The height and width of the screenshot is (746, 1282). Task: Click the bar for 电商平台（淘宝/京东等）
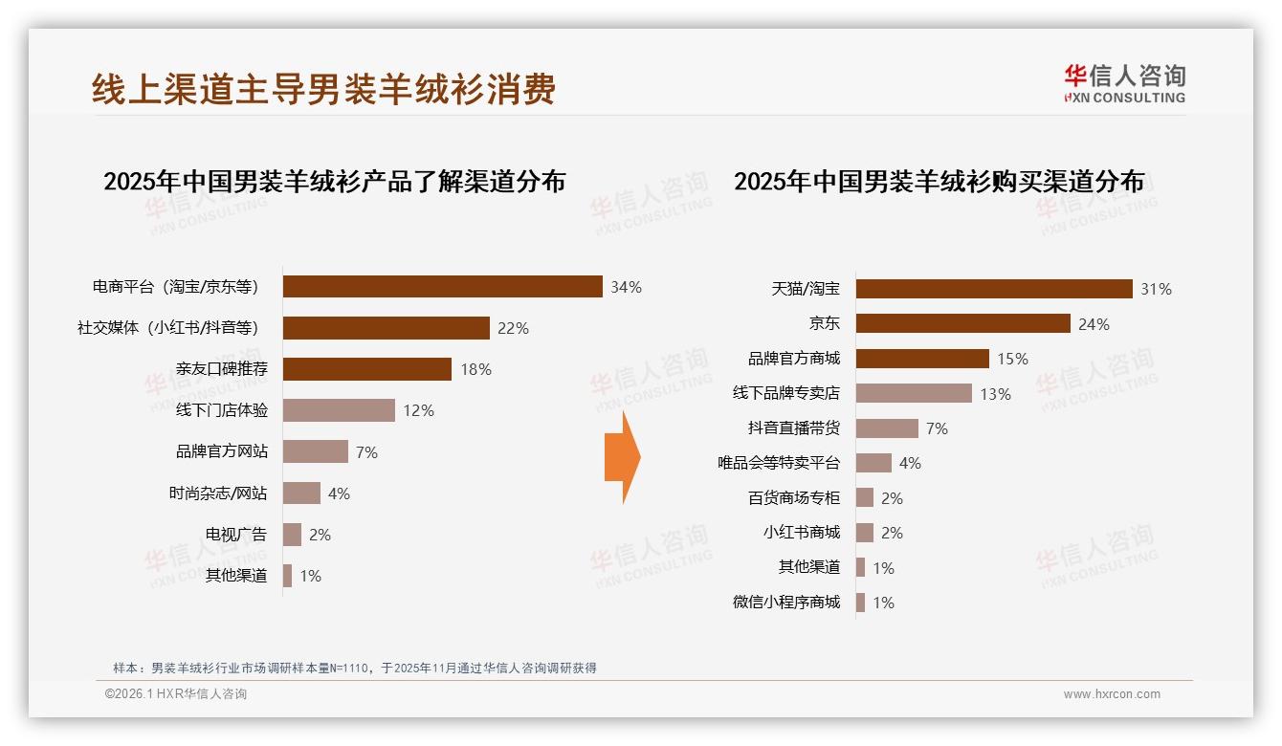442,287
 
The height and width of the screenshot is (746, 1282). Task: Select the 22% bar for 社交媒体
386,328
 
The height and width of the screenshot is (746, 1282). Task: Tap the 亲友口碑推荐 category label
222,369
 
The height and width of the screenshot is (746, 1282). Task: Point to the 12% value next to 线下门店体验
418,410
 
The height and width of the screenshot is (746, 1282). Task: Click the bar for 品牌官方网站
315,451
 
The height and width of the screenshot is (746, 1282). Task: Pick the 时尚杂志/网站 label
218,494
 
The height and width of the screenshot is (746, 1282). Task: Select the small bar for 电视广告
292,535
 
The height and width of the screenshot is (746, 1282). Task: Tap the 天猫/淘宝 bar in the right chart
994,289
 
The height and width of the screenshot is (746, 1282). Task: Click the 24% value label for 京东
1094,324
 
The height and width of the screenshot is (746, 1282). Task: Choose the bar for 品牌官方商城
922,359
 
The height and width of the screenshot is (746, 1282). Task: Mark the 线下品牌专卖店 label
785,393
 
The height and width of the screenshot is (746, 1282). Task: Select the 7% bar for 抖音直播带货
887,428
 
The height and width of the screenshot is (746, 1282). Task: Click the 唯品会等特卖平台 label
779,463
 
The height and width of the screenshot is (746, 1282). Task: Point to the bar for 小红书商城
864,533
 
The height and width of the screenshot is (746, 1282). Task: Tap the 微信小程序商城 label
785,602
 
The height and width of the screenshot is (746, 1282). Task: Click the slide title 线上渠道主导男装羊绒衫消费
323,89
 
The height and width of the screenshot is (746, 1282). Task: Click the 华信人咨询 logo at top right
1124,83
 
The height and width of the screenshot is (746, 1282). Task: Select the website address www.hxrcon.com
1112,694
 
